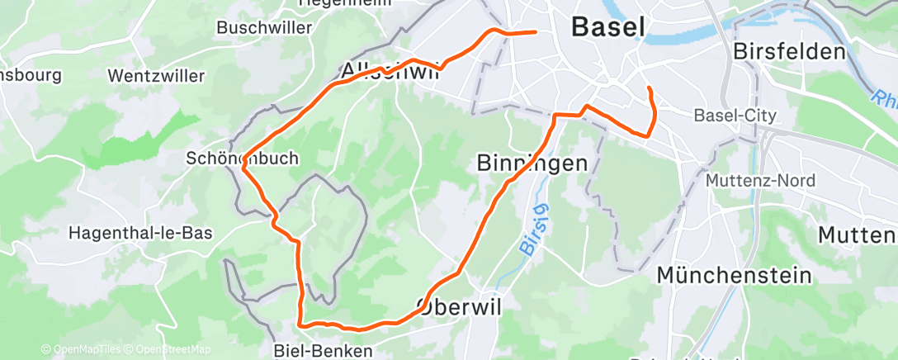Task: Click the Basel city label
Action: coord(608,26)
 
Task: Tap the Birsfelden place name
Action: coord(790,51)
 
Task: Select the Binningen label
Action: coord(532,163)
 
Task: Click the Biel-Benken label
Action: coord(322,351)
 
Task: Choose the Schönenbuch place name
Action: coord(242,158)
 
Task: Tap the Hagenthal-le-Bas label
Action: coord(139,233)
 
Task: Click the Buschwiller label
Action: coord(264,27)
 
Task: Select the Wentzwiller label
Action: coord(156,76)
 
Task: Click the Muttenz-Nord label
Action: coord(761,181)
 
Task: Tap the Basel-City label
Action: coord(735,116)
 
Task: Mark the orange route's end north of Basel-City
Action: coord(650,88)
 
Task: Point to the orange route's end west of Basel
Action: coord(536,32)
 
